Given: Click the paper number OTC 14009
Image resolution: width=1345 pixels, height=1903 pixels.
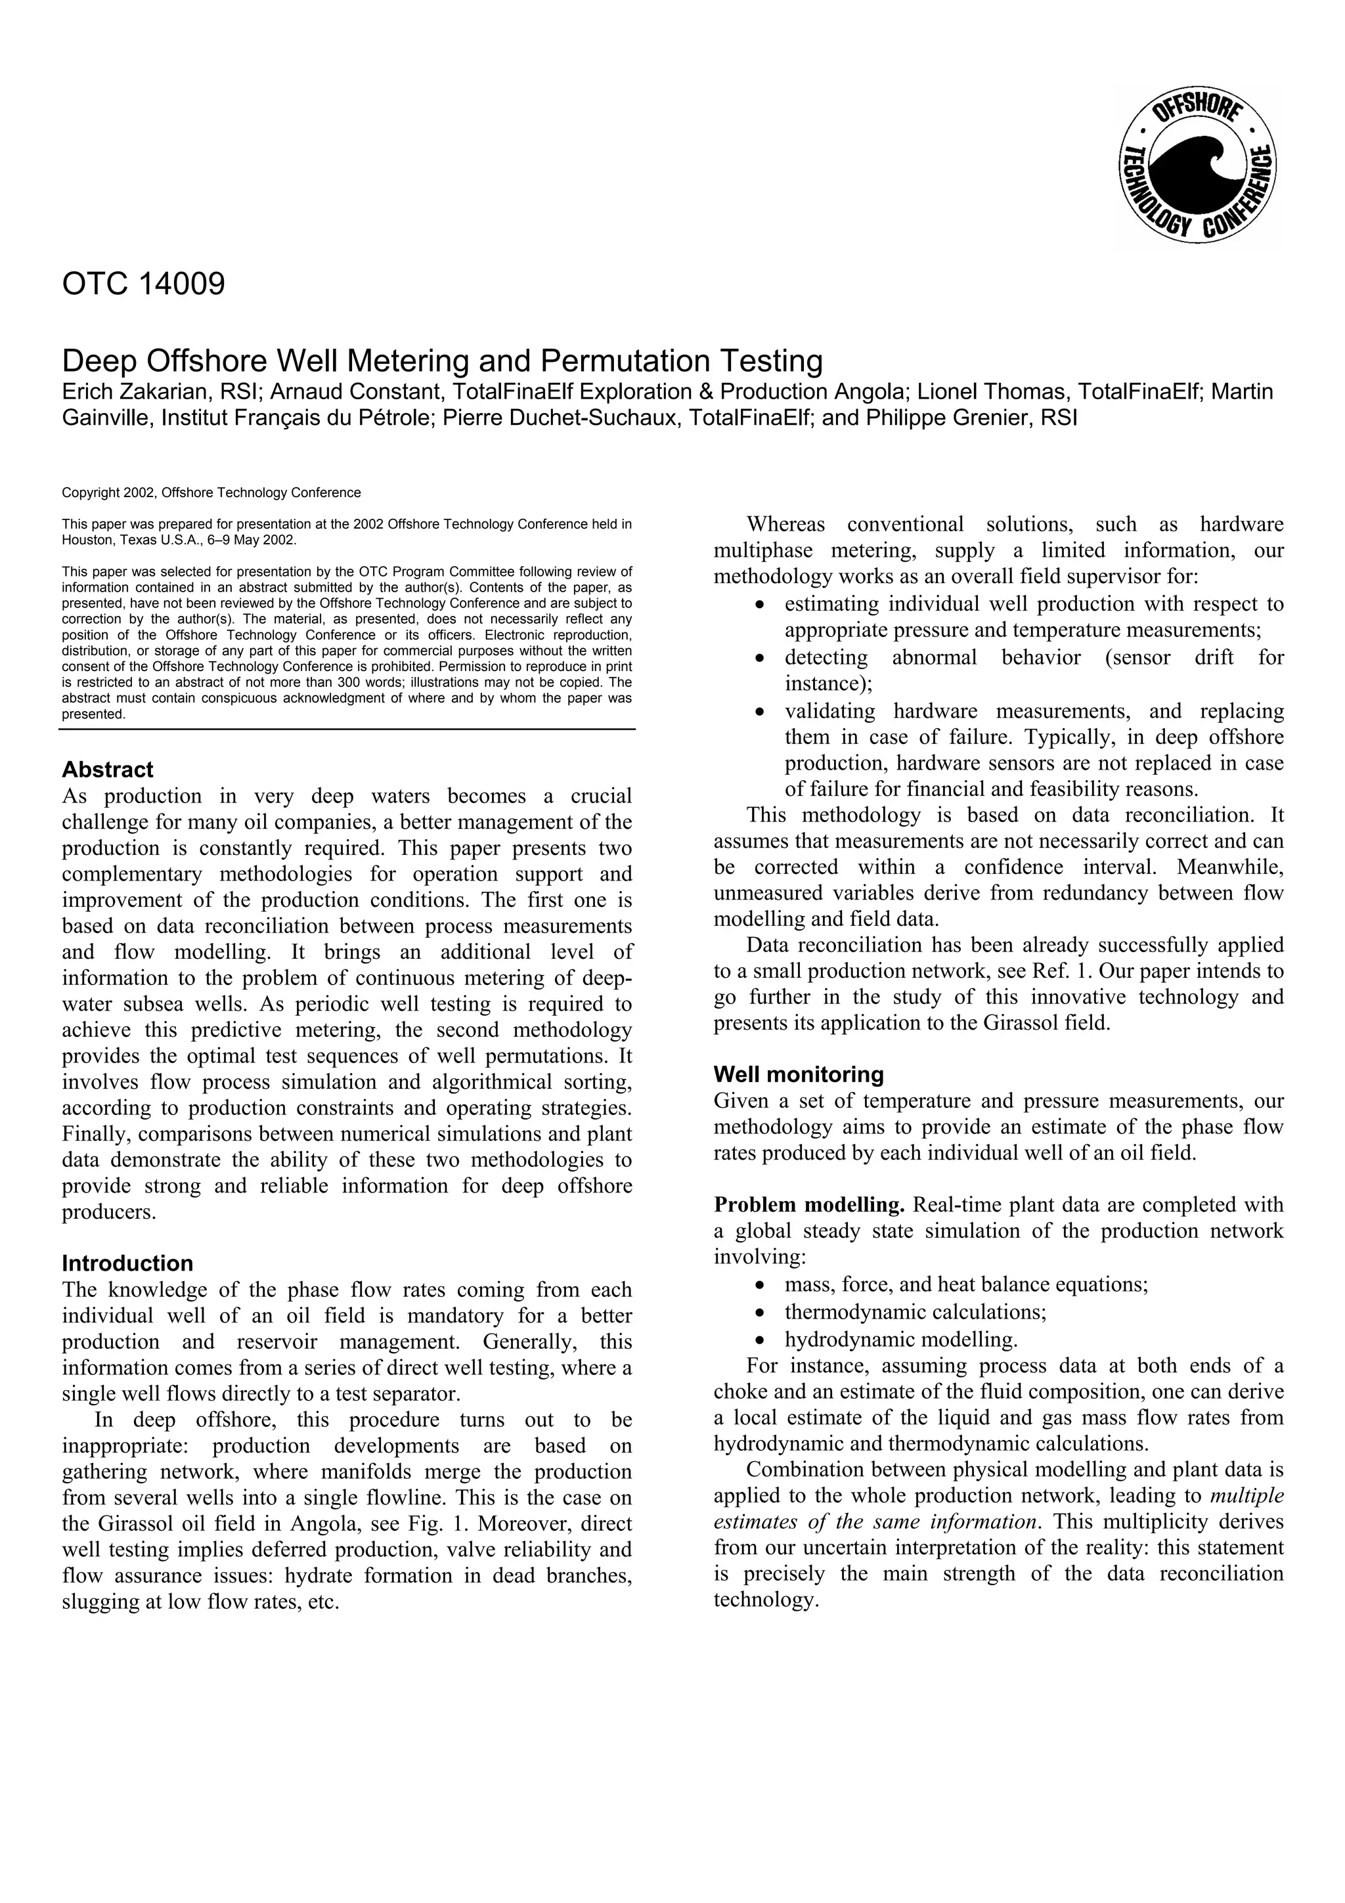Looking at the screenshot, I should pyautogui.click(x=143, y=284).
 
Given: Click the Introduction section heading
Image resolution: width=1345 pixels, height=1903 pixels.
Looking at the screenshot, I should pyautogui.click(x=127, y=1263).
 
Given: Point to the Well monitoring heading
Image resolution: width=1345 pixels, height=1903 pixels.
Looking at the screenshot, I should pyautogui.click(x=798, y=1074).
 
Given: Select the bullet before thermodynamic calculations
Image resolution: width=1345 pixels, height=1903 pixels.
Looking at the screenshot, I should pyautogui.click(x=760, y=1313).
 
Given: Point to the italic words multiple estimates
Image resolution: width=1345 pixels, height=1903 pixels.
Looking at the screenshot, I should pyautogui.click(x=1246, y=1496).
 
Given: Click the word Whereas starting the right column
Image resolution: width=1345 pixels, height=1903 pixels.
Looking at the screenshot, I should pyautogui.click(x=785, y=525).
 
